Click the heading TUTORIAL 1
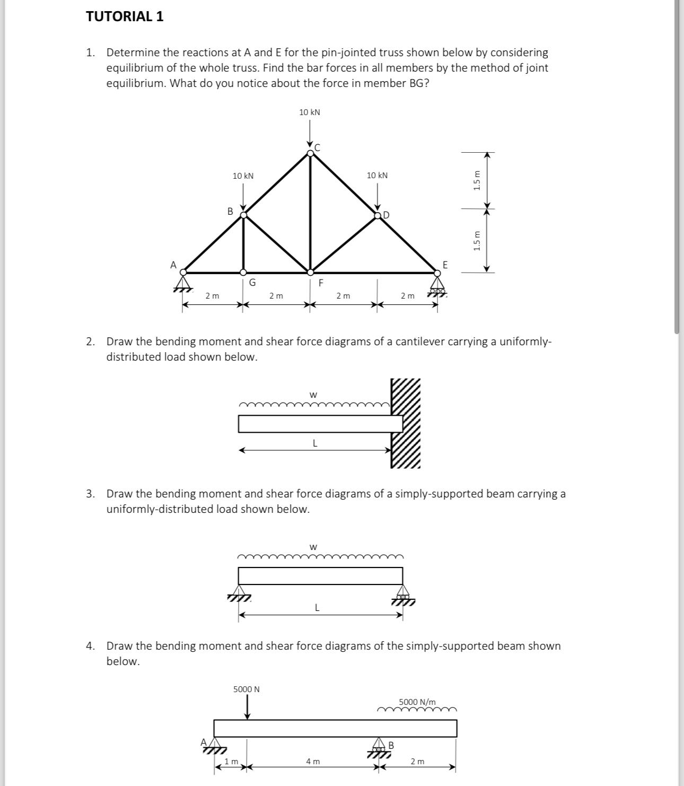(x=125, y=16)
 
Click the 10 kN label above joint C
(x=310, y=112)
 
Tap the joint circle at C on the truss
(x=310, y=153)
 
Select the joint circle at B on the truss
(x=243, y=215)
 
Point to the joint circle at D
(x=378, y=215)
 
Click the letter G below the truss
(x=252, y=283)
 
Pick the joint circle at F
(x=310, y=273)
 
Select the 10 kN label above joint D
(x=377, y=176)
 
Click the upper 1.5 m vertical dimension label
(x=477, y=180)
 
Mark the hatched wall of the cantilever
(x=406, y=423)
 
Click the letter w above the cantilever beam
(x=313, y=395)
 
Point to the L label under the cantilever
(x=315, y=443)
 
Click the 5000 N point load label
(x=247, y=689)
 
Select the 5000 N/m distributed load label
(x=417, y=702)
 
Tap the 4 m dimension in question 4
(x=313, y=762)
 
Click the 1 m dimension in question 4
(x=231, y=762)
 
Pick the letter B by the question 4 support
(x=391, y=745)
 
